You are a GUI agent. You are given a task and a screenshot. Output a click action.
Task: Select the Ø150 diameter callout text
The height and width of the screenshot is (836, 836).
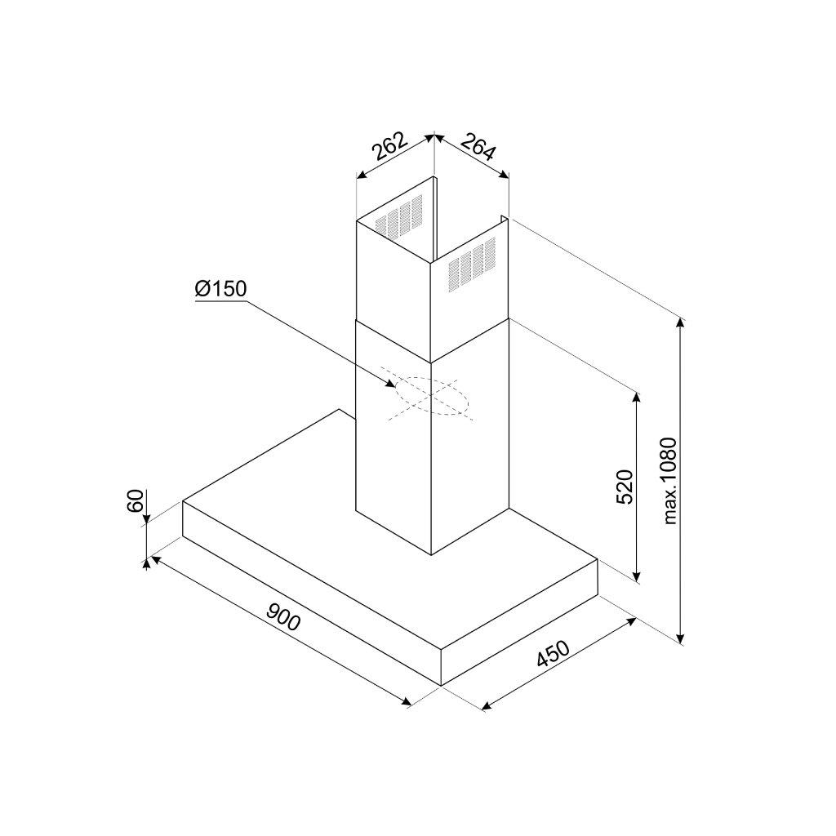pyautogui.click(x=220, y=289)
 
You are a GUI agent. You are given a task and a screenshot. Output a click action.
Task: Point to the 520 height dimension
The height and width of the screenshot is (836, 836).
pyautogui.click(x=624, y=487)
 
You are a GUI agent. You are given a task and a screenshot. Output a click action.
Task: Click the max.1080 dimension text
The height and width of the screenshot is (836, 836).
pyautogui.click(x=669, y=481)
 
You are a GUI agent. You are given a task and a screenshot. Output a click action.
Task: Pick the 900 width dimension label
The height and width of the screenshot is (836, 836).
pyautogui.click(x=283, y=616)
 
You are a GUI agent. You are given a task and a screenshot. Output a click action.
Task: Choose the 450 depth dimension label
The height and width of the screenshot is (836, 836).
pyautogui.click(x=553, y=654)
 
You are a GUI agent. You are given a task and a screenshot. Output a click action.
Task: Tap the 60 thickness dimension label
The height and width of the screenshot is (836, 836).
pyautogui.click(x=136, y=500)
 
